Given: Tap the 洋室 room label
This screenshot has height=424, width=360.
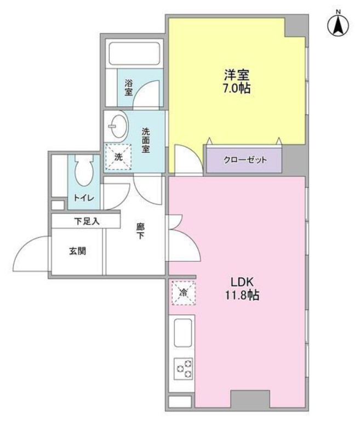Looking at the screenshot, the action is click(237, 75).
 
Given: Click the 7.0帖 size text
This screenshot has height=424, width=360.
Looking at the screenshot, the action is click(237, 88).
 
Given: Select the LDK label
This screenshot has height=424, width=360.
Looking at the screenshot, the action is click(242, 282).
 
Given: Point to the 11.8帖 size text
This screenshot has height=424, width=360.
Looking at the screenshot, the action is click(242, 295).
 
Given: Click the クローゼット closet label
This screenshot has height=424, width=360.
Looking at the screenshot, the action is click(245, 160).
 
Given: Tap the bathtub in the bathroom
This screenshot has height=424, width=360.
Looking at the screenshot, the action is click(134, 54).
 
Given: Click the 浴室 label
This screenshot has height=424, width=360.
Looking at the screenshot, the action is click(128, 87).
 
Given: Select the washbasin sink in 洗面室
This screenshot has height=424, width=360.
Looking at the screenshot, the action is click(118, 127).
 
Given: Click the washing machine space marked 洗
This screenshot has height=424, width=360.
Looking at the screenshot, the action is click(118, 157).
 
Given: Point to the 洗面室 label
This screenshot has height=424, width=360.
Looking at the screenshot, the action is click(146, 140).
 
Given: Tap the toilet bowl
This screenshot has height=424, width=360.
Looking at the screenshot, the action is click(84, 170).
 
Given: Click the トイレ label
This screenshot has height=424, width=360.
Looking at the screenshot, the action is click(84, 198).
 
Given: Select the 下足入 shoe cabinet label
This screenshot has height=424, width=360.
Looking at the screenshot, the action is click(87, 222).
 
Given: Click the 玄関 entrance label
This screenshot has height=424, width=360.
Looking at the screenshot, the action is click(78, 251).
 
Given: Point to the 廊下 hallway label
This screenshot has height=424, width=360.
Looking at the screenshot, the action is click(140, 231).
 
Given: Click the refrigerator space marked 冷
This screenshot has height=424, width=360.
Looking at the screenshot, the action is click(183, 293).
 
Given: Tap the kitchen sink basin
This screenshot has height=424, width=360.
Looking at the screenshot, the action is click(183, 333).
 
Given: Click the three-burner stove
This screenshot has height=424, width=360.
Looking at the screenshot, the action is click(183, 369).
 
